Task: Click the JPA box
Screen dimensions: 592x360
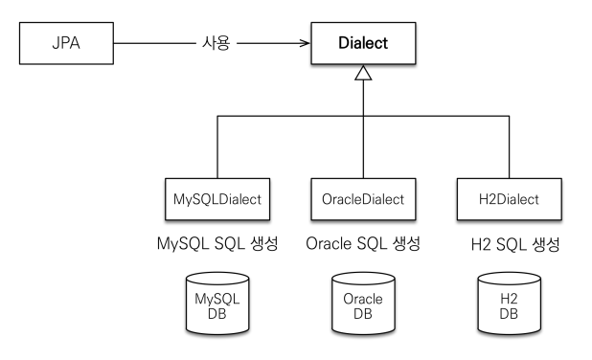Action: [x=66, y=43]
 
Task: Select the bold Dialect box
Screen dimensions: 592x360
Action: [x=363, y=43]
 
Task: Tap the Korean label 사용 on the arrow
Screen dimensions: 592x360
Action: [x=216, y=43]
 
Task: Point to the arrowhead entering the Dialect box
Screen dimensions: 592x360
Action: [x=305, y=43]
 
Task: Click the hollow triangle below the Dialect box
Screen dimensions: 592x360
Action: [x=363, y=73]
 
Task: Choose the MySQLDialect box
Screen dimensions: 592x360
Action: [x=217, y=199]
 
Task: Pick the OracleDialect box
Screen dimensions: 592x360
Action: [x=363, y=199]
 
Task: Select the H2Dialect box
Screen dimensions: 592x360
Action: [x=510, y=199]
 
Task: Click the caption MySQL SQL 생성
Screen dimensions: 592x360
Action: [x=217, y=244]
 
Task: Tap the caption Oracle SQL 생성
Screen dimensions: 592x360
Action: [x=363, y=244]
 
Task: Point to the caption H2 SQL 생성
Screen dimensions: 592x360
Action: [x=515, y=244]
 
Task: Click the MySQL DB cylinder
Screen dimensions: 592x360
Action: [x=217, y=304]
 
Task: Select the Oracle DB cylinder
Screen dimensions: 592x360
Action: [x=363, y=304]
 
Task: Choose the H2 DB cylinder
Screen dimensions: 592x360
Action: [x=509, y=304]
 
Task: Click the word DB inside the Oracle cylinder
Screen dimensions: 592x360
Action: [x=363, y=314]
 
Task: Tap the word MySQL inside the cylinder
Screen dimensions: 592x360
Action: [x=217, y=300]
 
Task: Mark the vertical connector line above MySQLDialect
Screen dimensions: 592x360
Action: [x=217, y=147]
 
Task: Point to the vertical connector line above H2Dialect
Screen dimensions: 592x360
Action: [x=510, y=147]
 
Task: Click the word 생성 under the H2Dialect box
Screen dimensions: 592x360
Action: [x=546, y=244]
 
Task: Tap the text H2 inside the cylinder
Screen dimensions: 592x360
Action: [x=509, y=299]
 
